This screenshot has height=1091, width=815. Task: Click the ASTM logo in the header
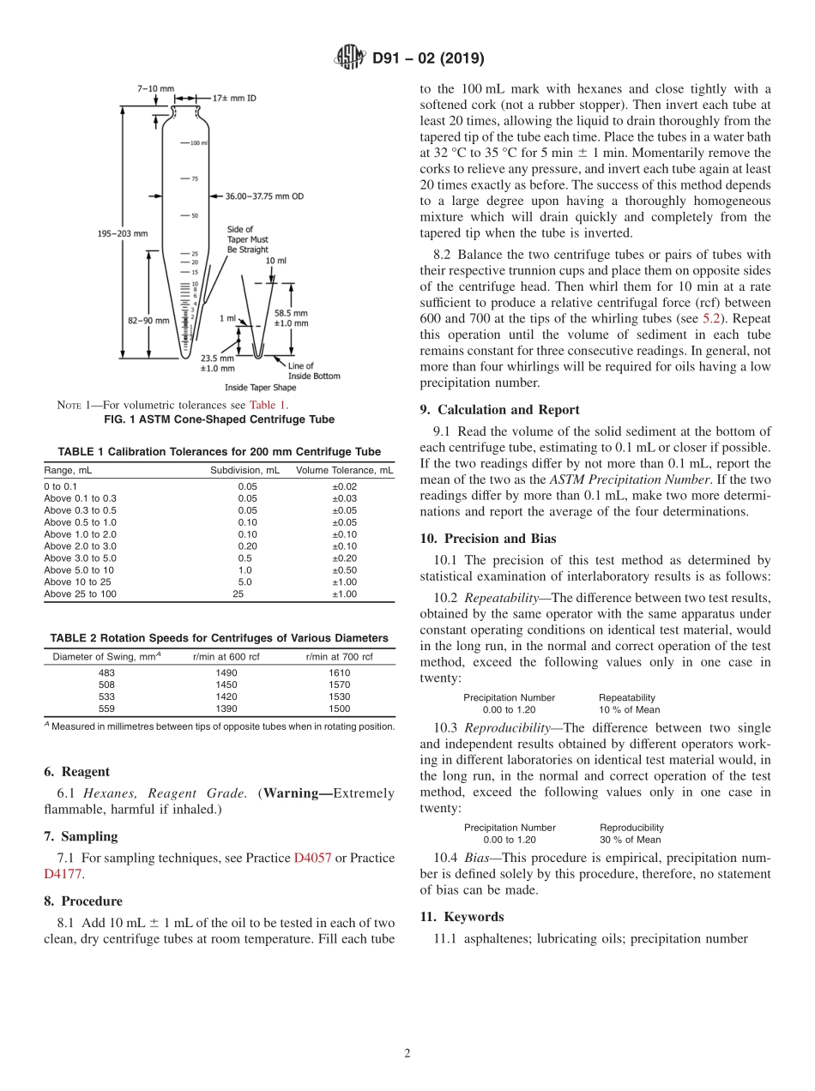(349, 58)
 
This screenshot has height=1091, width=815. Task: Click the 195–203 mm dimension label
(121, 233)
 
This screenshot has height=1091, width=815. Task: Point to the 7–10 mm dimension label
(155, 88)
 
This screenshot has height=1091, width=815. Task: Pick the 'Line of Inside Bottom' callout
(313, 371)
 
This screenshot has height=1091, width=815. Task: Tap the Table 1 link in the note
(268, 405)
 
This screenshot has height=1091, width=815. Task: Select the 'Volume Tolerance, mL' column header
(344, 470)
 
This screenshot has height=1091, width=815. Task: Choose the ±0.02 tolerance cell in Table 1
(344, 486)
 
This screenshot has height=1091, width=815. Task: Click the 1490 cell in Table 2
(226, 673)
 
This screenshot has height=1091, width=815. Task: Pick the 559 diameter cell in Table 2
(107, 708)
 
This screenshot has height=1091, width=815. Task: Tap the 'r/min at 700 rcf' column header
(339, 657)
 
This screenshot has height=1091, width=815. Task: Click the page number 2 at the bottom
(407, 1053)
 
